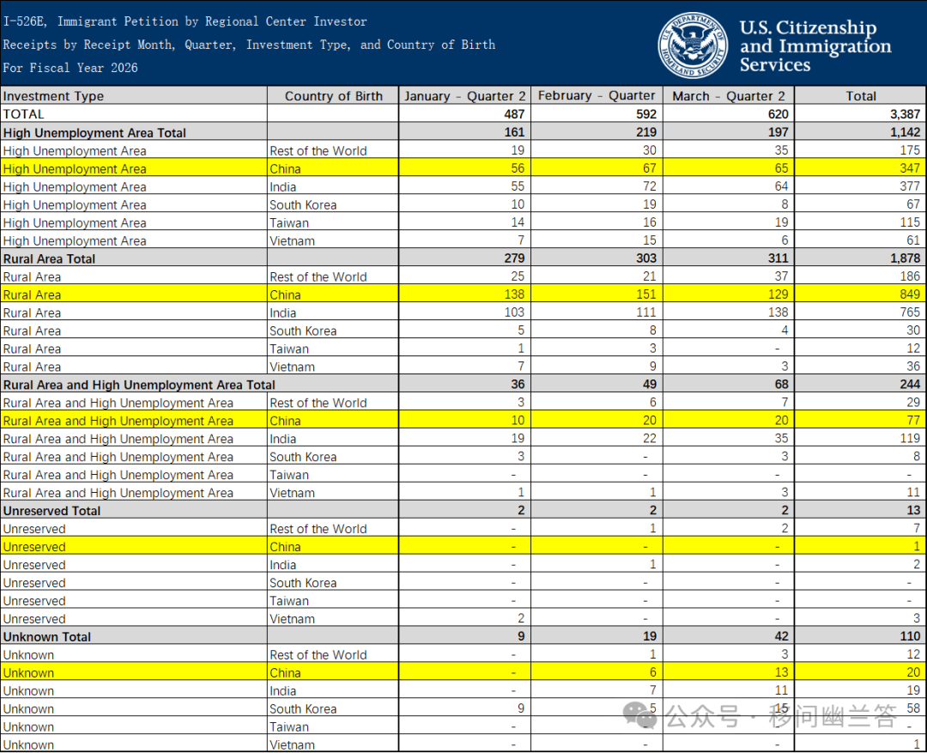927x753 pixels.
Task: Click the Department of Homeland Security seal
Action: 694,46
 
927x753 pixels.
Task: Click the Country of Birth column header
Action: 333,96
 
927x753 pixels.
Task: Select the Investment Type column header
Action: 53,96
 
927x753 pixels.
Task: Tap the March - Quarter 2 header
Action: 729,96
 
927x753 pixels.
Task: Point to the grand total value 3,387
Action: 905,114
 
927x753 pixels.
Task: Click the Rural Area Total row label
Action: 49,258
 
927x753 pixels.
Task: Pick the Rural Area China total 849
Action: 909,294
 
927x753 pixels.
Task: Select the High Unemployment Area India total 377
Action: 909,186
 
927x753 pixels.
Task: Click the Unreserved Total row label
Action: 52,511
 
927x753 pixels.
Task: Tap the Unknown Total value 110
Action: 910,636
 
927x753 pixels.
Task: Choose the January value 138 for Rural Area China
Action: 514,294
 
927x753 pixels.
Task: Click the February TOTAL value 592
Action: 646,114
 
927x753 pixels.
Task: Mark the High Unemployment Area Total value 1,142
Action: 906,132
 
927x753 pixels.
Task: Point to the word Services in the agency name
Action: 774,64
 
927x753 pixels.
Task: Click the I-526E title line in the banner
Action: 185,21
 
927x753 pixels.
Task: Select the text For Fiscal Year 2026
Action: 70,68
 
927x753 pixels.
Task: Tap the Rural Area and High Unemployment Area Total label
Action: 139,385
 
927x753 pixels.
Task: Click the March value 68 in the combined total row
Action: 782,385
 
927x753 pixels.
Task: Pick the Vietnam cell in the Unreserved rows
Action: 292,619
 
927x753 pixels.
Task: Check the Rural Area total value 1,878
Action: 906,258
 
